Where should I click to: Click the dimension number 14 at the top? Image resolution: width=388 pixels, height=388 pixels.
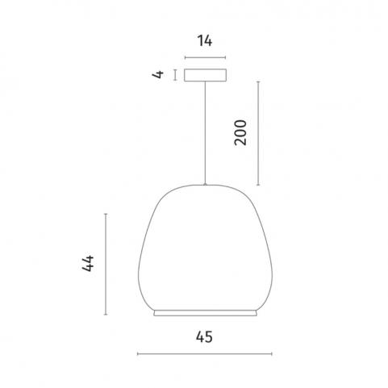pyautogui.click(x=205, y=41)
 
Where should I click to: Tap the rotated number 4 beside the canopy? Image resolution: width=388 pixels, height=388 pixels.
pyautogui.click(x=158, y=74)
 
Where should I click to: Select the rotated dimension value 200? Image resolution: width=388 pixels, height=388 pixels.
pyautogui.click(x=240, y=133)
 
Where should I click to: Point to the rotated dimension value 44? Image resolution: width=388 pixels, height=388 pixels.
pyautogui.click(x=88, y=264)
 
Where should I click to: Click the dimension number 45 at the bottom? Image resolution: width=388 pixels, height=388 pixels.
pyautogui.click(x=204, y=337)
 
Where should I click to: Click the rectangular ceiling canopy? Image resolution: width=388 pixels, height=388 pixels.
pyautogui.click(x=205, y=75)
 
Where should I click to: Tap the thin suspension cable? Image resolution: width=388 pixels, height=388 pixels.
pyautogui.click(x=205, y=132)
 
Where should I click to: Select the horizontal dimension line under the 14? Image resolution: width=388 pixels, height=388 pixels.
pyautogui.click(x=205, y=57)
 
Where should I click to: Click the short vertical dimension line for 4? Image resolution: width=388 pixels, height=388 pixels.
pyautogui.click(x=175, y=75)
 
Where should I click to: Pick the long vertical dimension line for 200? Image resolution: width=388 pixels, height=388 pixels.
pyautogui.click(x=258, y=133)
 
